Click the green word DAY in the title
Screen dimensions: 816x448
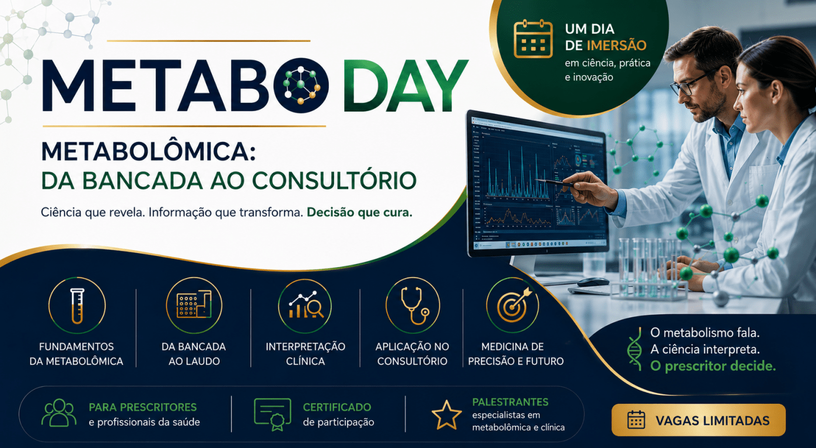pyautogui.click(x=405, y=85)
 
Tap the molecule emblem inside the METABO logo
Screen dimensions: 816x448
pyautogui.click(x=301, y=85)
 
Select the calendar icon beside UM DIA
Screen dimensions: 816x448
pyautogui.click(x=533, y=38)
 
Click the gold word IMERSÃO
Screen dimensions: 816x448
pyautogui.click(x=617, y=45)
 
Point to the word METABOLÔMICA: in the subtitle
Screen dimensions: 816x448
pyautogui.click(x=148, y=151)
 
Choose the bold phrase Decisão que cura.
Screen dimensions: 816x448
pyautogui.click(x=359, y=212)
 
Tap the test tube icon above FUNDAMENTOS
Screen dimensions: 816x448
pyautogui.click(x=77, y=306)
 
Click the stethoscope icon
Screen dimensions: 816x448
pyautogui.click(x=414, y=306)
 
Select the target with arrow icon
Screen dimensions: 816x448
pyautogui.click(x=514, y=305)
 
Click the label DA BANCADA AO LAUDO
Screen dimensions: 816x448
pyautogui.click(x=194, y=353)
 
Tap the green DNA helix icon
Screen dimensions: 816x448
pyautogui.click(x=635, y=349)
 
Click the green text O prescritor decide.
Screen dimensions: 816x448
pyautogui.click(x=713, y=366)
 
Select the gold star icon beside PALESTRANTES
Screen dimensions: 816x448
pyautogui.click(x=447, y=415)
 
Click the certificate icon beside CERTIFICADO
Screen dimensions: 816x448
pyautogui.click(x=272, y=415)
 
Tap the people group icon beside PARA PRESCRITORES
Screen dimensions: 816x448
pyautogui.click(x=59, y=413)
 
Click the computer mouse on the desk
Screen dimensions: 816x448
pyautogui.click(x=593, y=282)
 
